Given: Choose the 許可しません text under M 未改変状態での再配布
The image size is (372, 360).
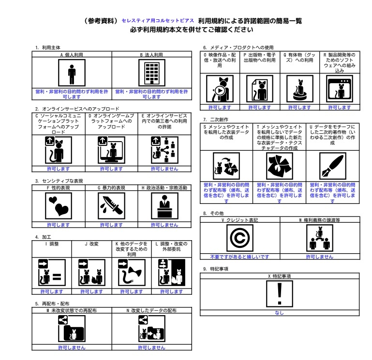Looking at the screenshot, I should click(72, 347).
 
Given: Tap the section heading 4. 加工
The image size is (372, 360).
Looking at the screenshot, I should click(44, 237).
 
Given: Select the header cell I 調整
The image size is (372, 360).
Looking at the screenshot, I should click(51, 244).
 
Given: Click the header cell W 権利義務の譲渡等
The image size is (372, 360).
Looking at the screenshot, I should click(319, 219).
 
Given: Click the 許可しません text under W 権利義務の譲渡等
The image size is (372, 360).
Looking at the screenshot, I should click(319, 257).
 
